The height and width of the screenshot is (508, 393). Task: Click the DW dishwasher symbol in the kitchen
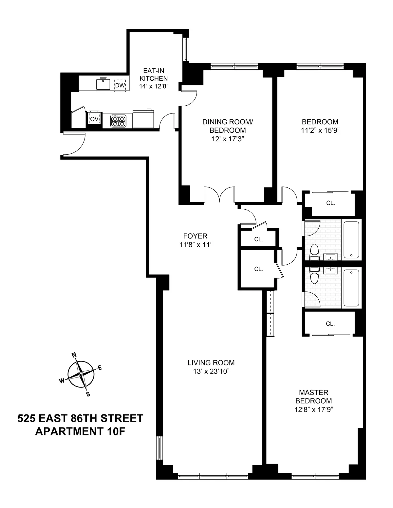tap(120, 85)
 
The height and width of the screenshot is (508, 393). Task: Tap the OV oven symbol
tap(94, 119)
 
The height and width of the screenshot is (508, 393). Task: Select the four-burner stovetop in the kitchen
tap(118, 120)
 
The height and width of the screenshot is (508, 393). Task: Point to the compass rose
tap(81, 374)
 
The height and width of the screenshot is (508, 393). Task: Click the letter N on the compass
tap(74, 355)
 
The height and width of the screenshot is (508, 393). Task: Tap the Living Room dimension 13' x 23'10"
tap(211, 371)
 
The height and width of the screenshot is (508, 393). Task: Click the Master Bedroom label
tap(313, 396)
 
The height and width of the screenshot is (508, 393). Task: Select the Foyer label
tap(195, 236)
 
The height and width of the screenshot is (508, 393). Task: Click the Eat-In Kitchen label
tap(154, 74)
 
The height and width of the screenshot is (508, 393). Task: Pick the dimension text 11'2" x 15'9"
tap(320, 130)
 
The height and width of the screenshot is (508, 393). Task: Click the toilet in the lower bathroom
tap(315, 276)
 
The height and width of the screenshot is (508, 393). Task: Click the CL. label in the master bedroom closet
tap(330, 324)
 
